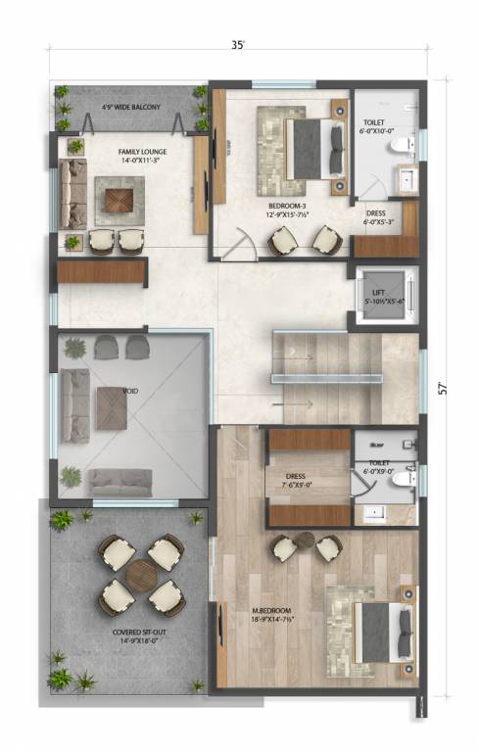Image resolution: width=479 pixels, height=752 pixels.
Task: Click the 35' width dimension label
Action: tap(238, 45)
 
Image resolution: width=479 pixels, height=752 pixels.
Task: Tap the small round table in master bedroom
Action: tap(306, 539)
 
